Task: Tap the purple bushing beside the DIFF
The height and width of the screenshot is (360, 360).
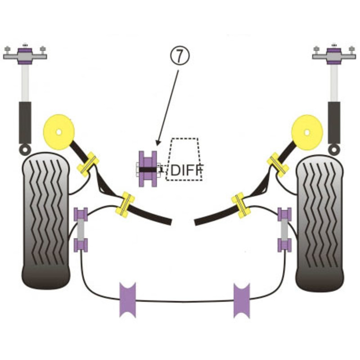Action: click(147, 169)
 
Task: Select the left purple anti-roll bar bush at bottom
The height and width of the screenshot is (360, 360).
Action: click(127, 300)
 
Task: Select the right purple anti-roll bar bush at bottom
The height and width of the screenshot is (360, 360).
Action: click(242, 300)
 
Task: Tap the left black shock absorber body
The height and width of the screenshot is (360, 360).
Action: click(25, 122)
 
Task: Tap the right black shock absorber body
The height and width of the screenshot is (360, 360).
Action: click(334, 122)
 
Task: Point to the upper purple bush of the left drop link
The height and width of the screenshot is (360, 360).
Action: click(81, 214)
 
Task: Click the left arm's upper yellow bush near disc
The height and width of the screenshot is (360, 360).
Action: click(88, 164)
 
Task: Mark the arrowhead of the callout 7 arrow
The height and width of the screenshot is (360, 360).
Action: click(156, 145)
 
